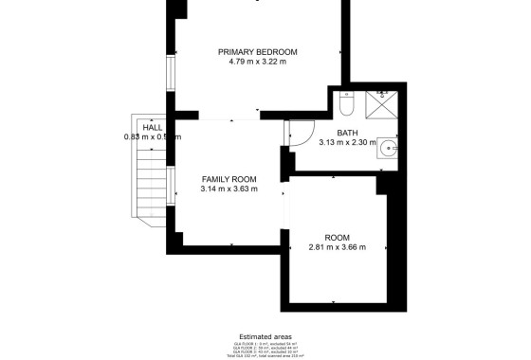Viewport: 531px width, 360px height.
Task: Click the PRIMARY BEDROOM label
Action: click(257, 51)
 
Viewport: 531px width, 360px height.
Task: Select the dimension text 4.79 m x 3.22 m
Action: click(257, 62)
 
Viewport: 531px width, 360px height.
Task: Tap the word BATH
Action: click(347, 133)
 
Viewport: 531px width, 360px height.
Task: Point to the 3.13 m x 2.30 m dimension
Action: click(347, 143)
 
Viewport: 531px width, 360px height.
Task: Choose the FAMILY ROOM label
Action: click(229, 179)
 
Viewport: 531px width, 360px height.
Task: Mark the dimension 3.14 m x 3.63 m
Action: click(229, 189)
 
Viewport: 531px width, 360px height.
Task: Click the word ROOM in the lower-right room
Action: click(337, 237)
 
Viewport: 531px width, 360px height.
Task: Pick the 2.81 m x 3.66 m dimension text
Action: click(337, 247)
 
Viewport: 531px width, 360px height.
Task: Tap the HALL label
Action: click(152, 126)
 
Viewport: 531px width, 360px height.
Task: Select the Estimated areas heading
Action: click(266, 334)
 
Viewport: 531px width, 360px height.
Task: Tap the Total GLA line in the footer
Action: click(266, 355)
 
